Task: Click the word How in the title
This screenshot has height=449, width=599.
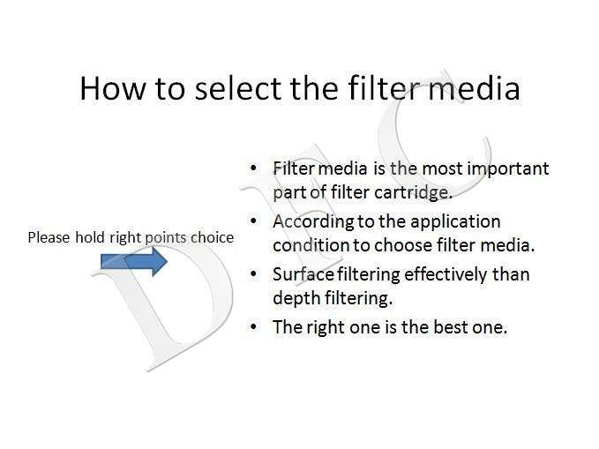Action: [x=113, y=88]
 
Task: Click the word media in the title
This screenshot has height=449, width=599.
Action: [x=474, y=88]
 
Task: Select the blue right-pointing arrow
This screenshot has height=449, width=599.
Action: [x=134, y=261]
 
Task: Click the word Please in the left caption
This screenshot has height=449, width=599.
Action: [x=49, y=237]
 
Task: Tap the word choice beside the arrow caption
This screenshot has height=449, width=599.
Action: [x=212, y=237]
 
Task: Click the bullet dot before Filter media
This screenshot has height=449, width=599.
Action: [x=253, y=168]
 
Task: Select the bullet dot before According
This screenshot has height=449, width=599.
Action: [x=253, y=221]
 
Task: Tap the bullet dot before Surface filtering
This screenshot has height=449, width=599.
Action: [x=253, y=274]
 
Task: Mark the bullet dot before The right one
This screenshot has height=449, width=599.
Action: [x=253, y=326]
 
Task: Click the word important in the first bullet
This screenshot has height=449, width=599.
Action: [x=508, y=169]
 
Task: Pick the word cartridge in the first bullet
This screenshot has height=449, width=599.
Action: [x=414, y=193]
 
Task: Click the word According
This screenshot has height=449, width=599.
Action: [x=314, y=222]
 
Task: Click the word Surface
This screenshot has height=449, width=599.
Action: [x=303, y=274]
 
